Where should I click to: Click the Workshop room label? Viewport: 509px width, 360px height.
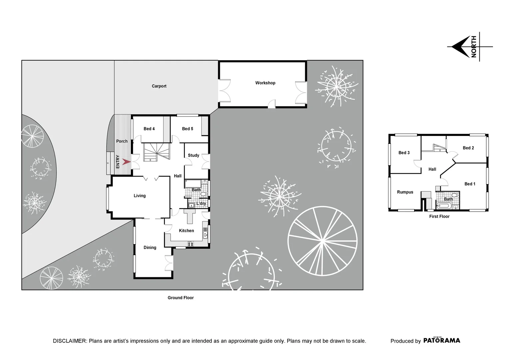tap(265, 83)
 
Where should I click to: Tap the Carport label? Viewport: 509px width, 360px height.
tap(159, 86)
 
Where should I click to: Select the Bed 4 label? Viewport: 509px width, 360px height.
tap(149, 129)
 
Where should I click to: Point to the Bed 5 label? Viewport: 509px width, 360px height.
tap(188, 129)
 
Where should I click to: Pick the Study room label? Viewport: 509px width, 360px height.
tap(194, 155)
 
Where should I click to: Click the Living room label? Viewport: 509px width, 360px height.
tap(140, 196)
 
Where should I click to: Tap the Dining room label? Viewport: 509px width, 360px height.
tap(150, 247)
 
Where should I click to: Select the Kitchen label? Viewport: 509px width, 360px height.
tap(186, 231)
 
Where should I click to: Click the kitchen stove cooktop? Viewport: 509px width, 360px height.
tap(191, 244)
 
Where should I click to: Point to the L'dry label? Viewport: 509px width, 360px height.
tap(201, 203)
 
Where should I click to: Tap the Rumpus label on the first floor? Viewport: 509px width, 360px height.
tap(405, 192)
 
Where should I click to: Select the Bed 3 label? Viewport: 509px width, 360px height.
tap(404, 153)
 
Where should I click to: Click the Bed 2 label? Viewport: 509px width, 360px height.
tap(468, 148)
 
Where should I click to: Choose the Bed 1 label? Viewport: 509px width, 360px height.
tap(470, 184)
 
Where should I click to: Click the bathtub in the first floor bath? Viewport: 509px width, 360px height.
tap(444, 206)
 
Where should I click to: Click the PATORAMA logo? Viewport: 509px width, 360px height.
tap(442, 340)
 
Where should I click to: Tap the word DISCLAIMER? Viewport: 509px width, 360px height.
tap(70, 341)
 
